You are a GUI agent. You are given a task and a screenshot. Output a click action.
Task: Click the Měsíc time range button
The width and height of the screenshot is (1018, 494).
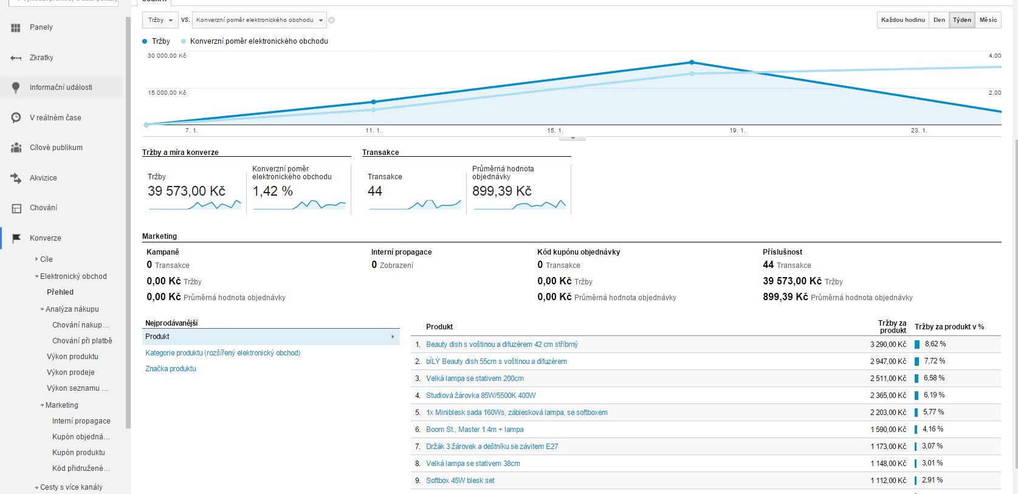pos(988,20)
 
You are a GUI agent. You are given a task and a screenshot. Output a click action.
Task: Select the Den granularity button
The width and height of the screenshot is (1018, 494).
pos(939,20)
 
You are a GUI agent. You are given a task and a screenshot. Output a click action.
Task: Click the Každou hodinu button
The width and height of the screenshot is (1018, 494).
pos(903,20)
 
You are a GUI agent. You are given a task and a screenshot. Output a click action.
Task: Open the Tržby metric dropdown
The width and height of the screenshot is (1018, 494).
pos(160,20)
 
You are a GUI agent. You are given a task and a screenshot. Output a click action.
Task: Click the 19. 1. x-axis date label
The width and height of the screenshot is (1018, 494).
pos(737,131)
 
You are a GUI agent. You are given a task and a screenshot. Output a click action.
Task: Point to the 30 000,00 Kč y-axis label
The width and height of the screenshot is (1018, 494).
pos(167,56)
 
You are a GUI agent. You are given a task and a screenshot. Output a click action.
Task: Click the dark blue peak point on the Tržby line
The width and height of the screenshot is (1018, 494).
pos(692,63)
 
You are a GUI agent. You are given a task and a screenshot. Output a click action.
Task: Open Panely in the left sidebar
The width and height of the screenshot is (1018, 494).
pos(41,27)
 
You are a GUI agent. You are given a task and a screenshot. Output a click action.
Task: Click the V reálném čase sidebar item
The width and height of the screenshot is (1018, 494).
pos(55,118)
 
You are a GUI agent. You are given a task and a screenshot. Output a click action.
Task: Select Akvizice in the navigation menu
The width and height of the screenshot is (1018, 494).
pos(43,178)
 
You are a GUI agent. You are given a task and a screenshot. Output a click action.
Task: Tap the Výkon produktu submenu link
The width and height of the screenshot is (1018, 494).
pos(72,357)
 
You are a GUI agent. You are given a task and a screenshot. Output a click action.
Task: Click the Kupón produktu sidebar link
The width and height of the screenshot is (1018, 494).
pos(78,453)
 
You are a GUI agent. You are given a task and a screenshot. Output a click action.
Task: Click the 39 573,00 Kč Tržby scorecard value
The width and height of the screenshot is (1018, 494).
pos(186,191)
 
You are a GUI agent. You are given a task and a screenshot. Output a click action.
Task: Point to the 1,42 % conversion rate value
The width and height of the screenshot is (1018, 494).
pos(272,191)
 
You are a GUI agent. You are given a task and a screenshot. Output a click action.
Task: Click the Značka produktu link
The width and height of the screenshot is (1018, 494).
pos(171,369)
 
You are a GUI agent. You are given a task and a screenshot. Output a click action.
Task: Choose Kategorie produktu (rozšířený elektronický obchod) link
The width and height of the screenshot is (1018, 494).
pos(222,353)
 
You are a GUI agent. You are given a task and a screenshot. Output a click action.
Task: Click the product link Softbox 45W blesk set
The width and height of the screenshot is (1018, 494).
pos(460,481)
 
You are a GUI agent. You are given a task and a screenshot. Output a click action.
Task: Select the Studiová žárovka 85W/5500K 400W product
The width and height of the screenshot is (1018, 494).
pos(481,396)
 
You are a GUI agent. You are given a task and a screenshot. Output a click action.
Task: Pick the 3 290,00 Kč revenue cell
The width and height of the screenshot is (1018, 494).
pos(888,345)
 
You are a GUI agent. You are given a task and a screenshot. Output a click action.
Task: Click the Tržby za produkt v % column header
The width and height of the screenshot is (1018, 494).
pos(949,327)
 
